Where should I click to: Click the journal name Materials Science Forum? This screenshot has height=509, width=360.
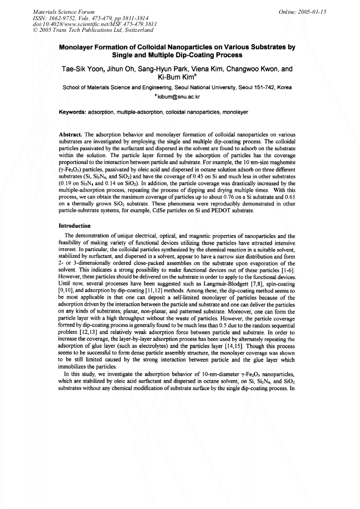(x=57, y=11)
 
